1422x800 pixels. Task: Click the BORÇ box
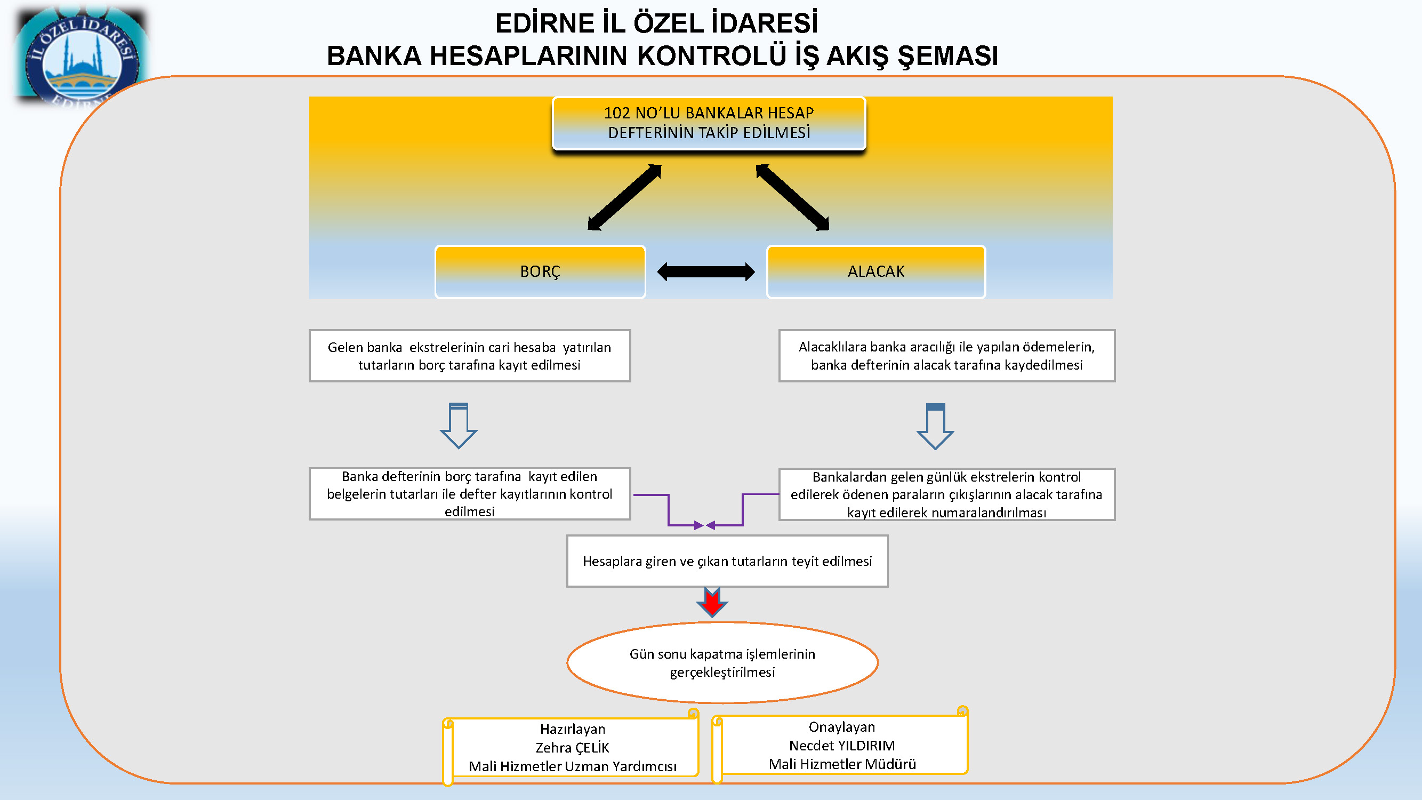click(540, 271)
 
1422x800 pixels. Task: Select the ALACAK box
click(875, 271)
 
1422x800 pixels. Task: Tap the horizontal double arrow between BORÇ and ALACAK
click(705, 271)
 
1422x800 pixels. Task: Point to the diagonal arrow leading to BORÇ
click(624, 197)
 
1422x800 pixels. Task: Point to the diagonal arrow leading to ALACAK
click(793, 197)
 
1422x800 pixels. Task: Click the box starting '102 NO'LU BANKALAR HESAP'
click(709, 123)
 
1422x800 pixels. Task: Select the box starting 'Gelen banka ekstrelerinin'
click(469, 356)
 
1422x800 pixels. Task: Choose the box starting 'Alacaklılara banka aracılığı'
click(947, 356)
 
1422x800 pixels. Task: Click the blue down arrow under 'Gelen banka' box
click(458, 426)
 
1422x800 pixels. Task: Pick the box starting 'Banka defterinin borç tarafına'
click(469, 493)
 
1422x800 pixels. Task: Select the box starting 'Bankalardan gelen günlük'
click(947, 494)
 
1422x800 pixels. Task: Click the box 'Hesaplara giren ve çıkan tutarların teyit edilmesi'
click(727, 561)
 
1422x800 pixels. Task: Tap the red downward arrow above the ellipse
click(712, 602)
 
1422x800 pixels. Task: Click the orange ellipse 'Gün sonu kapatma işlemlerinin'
click(722, 662)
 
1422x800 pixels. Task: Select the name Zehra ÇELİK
click(573, 748)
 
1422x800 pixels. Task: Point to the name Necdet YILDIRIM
click(842, 746)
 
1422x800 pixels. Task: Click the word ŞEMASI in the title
click(947, 56)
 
